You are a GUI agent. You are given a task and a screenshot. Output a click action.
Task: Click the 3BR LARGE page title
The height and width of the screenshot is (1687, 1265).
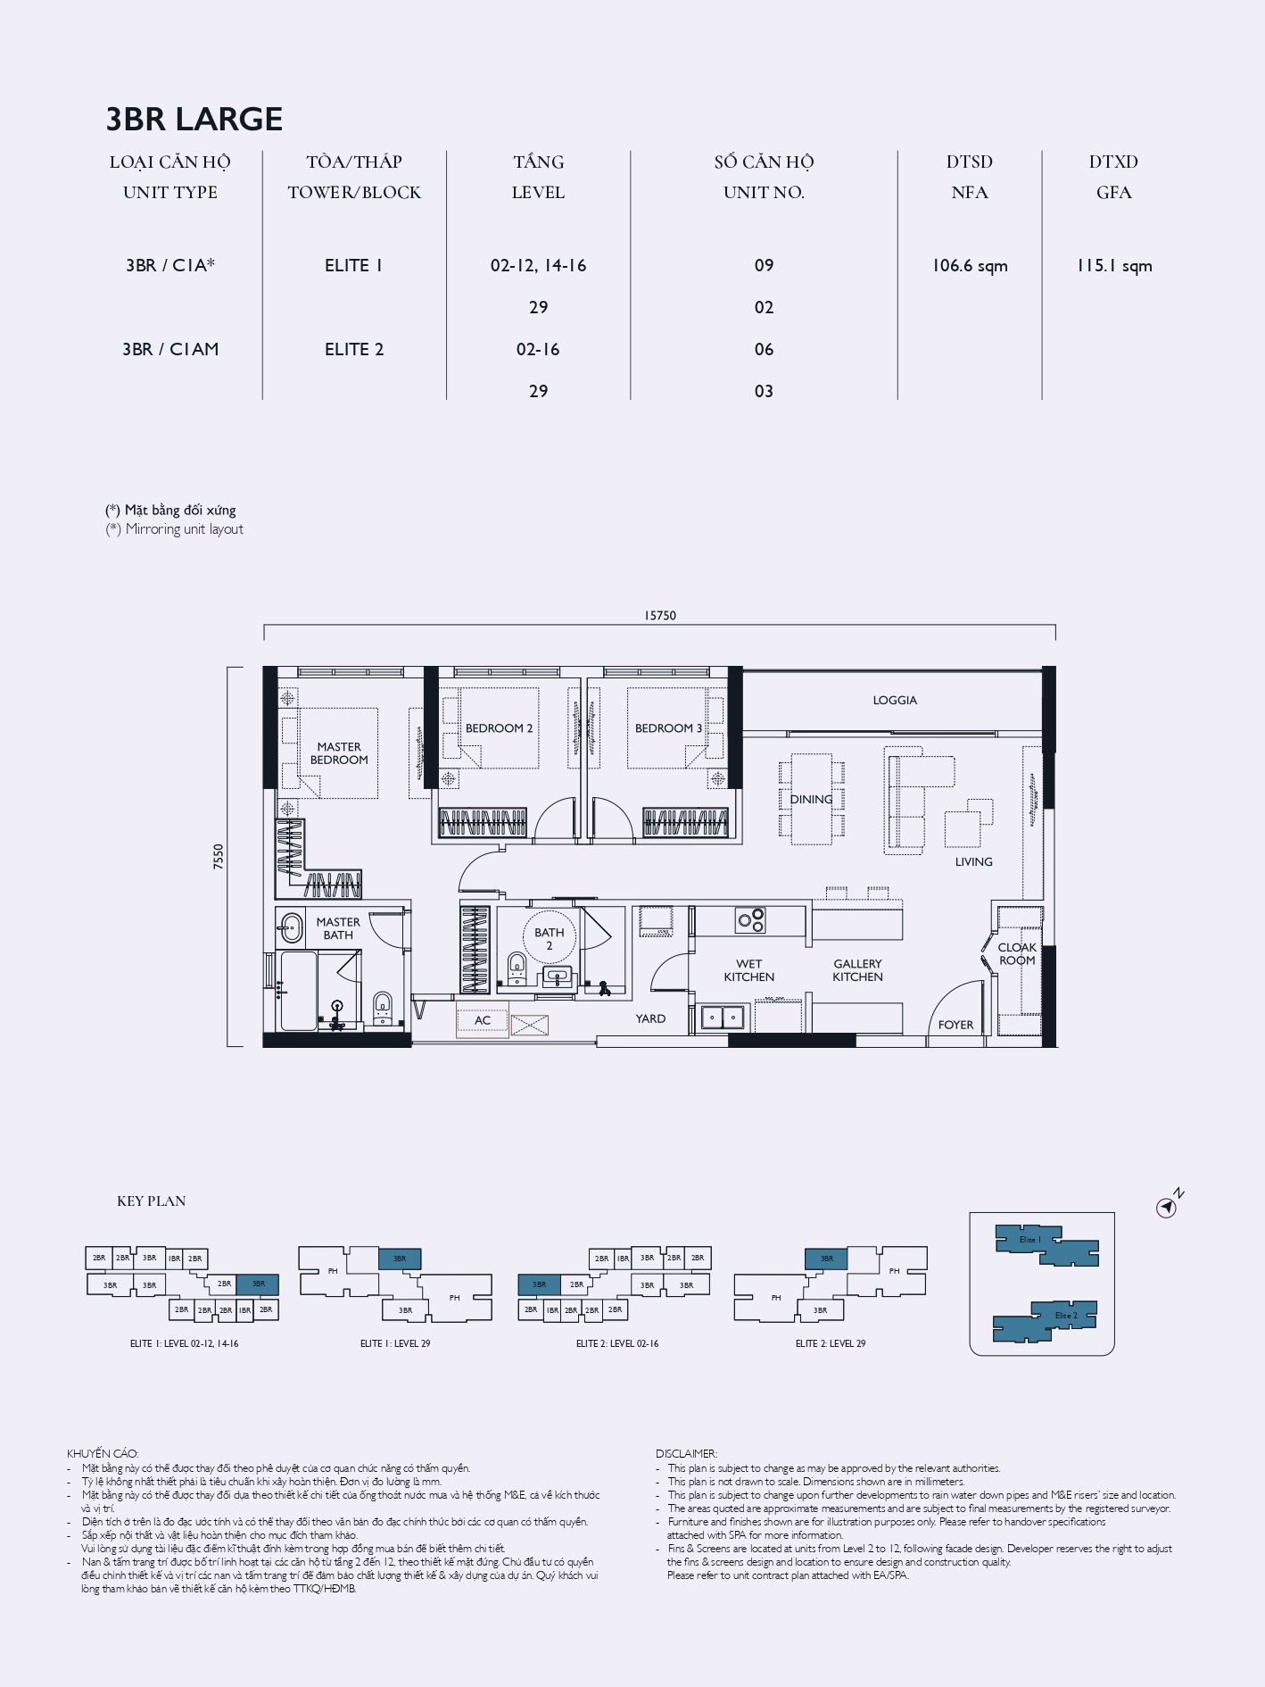[194, 119]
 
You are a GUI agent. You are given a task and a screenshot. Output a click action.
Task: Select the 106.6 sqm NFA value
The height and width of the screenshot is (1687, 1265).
[970, 266]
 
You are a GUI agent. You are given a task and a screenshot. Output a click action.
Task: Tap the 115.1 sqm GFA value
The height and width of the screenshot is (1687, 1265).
[1114, 266]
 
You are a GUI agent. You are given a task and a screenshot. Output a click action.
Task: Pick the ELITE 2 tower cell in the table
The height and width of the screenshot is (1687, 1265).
[354, 350]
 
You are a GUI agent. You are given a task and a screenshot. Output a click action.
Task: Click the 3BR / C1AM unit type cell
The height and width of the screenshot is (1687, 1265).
[170, 350]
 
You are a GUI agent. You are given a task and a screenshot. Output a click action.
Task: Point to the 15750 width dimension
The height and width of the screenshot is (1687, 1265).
[660, 615]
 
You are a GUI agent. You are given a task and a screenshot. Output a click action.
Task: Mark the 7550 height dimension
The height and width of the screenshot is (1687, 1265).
[219, 856]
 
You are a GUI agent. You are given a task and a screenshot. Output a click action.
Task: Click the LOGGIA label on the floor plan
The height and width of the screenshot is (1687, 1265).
[895, 701]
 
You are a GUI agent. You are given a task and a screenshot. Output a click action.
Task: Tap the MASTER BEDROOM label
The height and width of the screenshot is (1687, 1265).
[339, 753]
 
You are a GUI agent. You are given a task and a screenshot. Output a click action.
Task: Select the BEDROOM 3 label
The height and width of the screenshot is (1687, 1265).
[668, 728]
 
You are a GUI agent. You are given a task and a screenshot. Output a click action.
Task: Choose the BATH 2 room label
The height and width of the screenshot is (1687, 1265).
[550, 939]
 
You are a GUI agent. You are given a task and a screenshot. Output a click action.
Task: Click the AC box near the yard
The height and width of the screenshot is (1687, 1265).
[483, 1020]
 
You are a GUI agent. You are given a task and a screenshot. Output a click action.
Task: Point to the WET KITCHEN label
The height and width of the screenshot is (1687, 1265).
[749, 970]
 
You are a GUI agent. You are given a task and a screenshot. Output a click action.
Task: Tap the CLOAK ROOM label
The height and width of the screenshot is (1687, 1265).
[1017, 954]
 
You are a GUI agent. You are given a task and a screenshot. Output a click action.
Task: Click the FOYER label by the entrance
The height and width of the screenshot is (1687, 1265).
[956, 1026]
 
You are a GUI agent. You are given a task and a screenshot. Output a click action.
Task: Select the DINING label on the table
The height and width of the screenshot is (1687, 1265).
[811, 800]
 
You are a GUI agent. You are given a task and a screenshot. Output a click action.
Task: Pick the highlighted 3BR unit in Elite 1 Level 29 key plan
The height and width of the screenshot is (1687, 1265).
[400, 1259]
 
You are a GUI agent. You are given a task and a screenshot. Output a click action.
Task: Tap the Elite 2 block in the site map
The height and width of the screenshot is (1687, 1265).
[1045, 1321]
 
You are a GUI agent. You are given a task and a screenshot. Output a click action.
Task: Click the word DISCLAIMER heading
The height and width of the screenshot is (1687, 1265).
[686, 1454]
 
